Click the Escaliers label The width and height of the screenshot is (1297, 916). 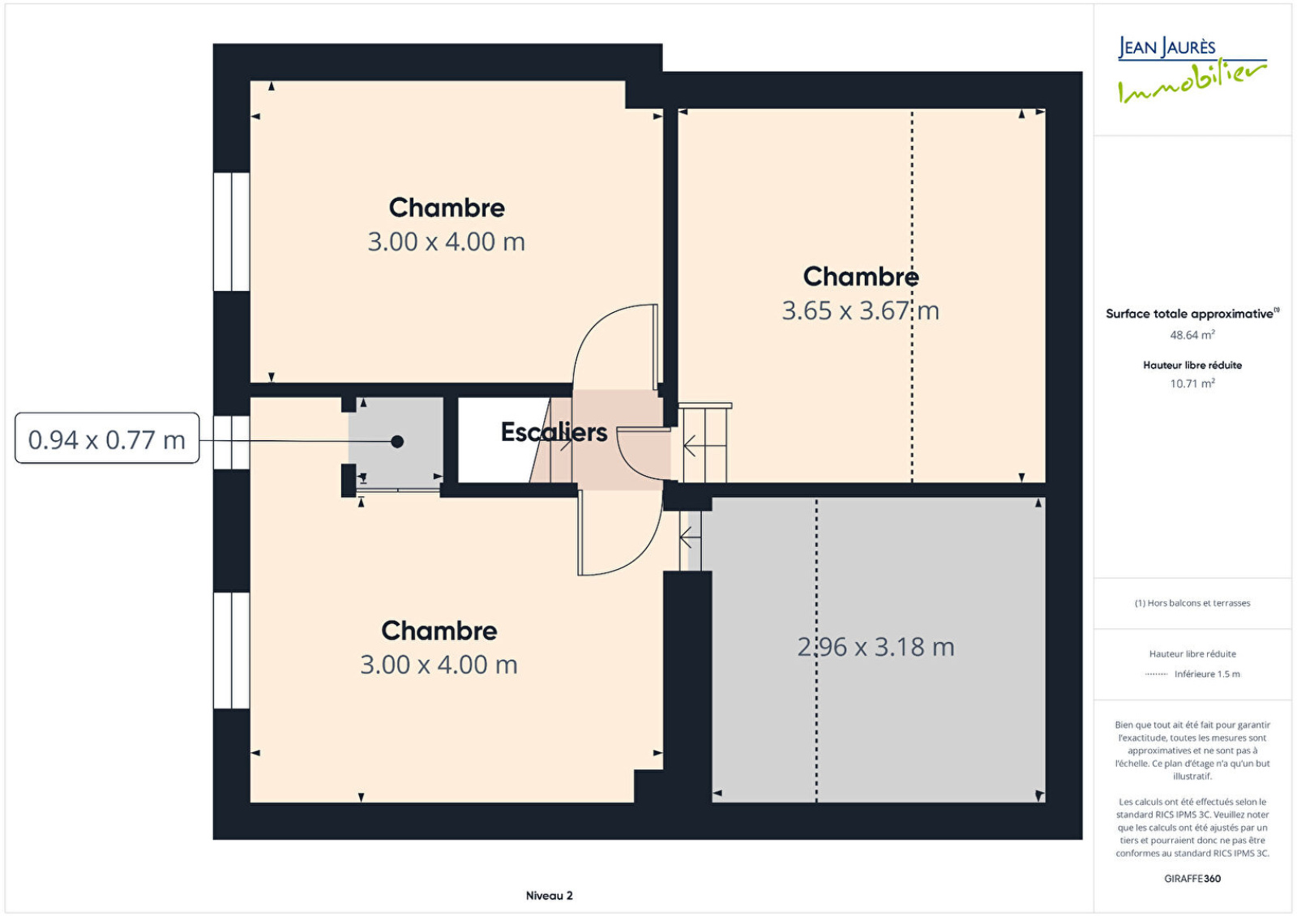[554, 432]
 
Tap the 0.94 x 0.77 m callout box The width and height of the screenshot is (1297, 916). [107, 438]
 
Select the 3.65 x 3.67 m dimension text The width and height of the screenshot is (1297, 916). [860, 311]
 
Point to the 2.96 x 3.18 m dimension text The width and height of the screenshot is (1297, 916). [875, 647]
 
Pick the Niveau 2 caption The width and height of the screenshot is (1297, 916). [549, 895]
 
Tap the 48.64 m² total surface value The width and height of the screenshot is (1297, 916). [1192, 335]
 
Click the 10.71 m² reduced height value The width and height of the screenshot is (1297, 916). [1192, 383]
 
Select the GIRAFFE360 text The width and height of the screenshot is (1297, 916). [1192, 879]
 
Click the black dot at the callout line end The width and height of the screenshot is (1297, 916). [397, 441]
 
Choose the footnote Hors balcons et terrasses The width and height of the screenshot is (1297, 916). [1192, 603]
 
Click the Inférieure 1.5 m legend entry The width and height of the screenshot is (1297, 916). [1207, 674]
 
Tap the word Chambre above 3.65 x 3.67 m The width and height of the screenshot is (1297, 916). [860, 276]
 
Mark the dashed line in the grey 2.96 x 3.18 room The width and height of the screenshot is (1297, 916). [817, 649]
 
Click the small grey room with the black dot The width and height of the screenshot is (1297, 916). [396, 443]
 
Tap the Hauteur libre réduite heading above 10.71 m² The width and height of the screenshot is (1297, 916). [1192, 366]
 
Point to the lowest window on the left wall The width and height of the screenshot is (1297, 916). [232, 650]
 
